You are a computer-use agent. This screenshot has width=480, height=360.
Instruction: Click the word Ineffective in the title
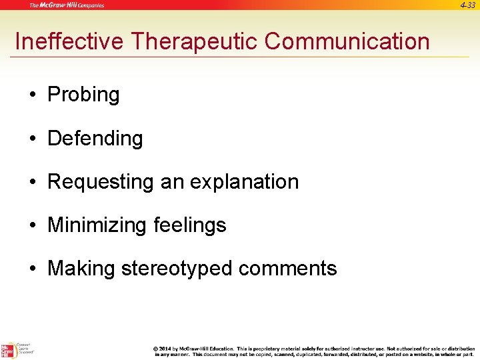(69, 41)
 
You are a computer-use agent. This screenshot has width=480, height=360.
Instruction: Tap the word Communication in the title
(347, 41)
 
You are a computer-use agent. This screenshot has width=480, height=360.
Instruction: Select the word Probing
(83, 95)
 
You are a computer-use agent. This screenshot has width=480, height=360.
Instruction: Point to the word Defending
(95, 139)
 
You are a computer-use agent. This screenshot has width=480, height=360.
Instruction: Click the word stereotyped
(177, 269)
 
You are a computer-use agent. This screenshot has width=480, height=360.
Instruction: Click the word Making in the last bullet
(81, 269)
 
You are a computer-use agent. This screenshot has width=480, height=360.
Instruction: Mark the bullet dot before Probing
(33, 95)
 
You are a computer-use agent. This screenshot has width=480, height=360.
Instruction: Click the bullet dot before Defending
(33, 139)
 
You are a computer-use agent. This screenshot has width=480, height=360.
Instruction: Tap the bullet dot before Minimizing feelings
(33, 225)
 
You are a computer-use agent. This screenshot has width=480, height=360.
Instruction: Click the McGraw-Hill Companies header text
(67, 5)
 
